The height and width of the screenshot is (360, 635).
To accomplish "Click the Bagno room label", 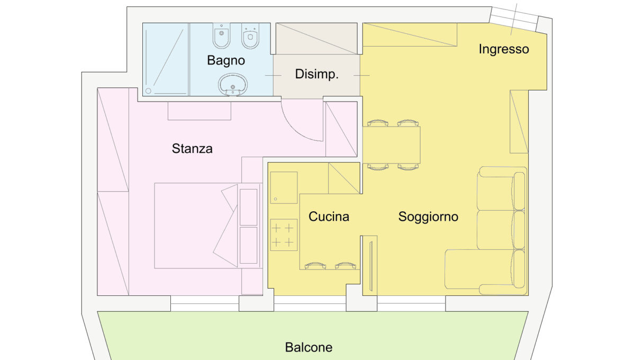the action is coord(226,60).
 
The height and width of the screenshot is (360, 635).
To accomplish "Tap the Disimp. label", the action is coord(316,74).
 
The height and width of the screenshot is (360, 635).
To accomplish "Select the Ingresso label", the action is coord(504,49).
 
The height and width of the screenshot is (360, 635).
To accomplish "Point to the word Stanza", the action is coord(192,149).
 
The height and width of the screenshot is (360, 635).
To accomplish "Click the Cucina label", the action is coord(329,217).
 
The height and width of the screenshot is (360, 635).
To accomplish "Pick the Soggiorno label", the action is coord(428,217).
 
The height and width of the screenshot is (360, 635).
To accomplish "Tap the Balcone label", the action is coord(309,347).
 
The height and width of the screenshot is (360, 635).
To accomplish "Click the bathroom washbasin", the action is coord(233,85).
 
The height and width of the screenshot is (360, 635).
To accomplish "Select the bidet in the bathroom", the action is coord(221,36).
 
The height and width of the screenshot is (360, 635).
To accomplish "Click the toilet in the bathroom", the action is coord(250,36).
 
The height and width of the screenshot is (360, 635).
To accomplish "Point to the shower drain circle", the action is coord(148,91).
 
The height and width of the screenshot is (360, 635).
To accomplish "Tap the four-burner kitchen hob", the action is coord(284,235).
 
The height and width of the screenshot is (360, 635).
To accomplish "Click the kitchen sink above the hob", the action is coord(284,187).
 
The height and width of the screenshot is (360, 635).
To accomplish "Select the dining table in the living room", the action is coord(392,145).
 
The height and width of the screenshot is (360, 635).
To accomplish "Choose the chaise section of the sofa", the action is coord(485,269).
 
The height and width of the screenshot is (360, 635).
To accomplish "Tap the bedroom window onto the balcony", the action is coord(205,303).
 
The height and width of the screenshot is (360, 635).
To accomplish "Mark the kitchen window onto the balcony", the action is coord(310,303).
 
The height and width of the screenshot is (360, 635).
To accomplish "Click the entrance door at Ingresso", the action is coord(513,19).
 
